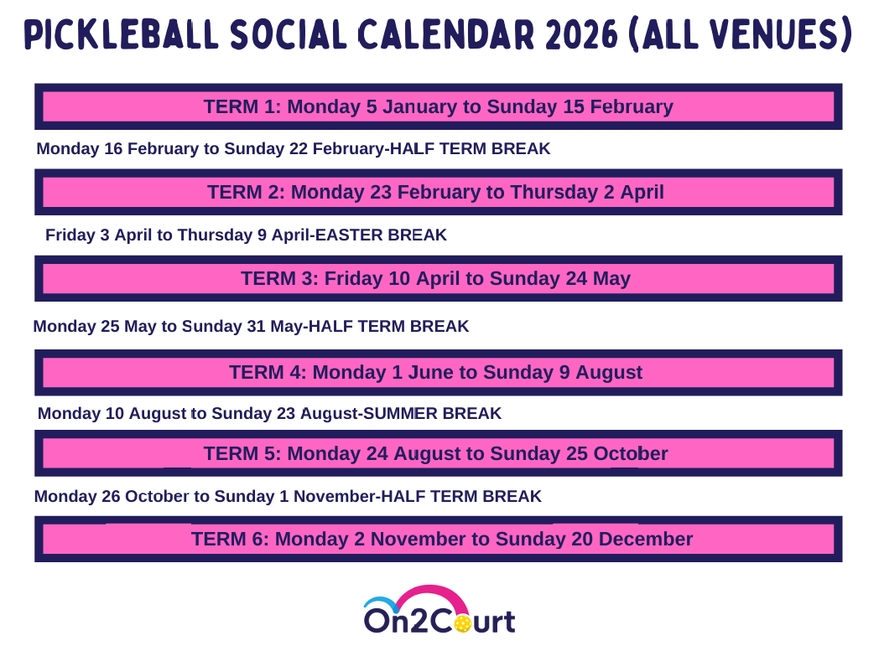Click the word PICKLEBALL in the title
(x=121, y=34)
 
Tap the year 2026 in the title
(x=580, y=34)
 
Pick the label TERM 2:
(x=246, y=192)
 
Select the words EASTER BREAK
(x=381, y=235)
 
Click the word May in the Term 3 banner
(x=611, y=279)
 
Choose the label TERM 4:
(x=268, y=372)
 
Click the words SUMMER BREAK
(x=432, y=413)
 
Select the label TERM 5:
(x=242, y=453)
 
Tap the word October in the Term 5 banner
(x=631, y=453)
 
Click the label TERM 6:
(x=230, y=539)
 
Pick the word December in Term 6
(x=646, y=539)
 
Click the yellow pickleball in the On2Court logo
(x=462, y=623)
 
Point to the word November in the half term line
(x=336, y=497)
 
